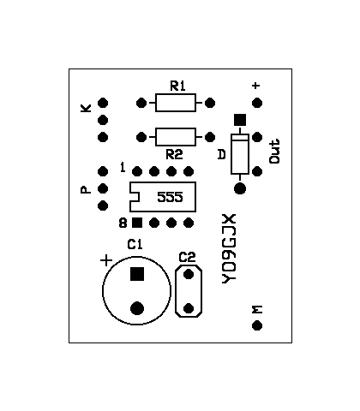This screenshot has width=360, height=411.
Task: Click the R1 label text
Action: pos(177,86)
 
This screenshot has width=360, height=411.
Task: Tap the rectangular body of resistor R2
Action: pos(176,137)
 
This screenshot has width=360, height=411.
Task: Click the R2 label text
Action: pos(174,155)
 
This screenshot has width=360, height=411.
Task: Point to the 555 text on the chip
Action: pos(170,197)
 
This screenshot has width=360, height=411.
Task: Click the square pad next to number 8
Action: pos(137,223)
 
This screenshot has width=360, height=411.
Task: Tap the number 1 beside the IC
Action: pos(123,167)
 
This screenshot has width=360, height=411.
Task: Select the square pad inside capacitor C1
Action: pos(137,274)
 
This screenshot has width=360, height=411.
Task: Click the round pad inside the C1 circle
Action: pos(137,308)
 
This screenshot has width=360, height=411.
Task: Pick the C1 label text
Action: pos(135,245)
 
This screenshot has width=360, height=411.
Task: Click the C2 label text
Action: pos(187,257)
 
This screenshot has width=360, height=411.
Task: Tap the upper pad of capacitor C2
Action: pos(189,274)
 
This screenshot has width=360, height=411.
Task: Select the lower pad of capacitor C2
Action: pos(189,308)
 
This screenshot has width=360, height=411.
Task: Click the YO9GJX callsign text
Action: pos(229,248)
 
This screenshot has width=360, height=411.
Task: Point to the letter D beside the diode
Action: pos(222,154)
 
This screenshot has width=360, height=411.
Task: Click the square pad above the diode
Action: pos(240,120)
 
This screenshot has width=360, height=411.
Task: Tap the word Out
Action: pos(274,152)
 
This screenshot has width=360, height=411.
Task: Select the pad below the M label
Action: pos(257,325)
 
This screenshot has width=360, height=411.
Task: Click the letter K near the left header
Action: pos(86,108)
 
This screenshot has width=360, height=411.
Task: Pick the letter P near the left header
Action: pos(86,190)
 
